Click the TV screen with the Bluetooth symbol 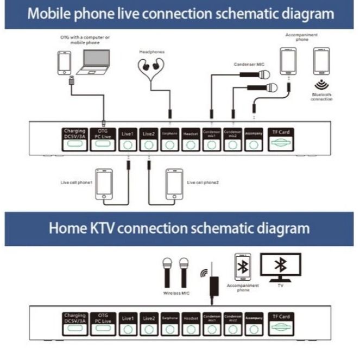click(280, 266)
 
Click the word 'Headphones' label click(151, 52)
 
